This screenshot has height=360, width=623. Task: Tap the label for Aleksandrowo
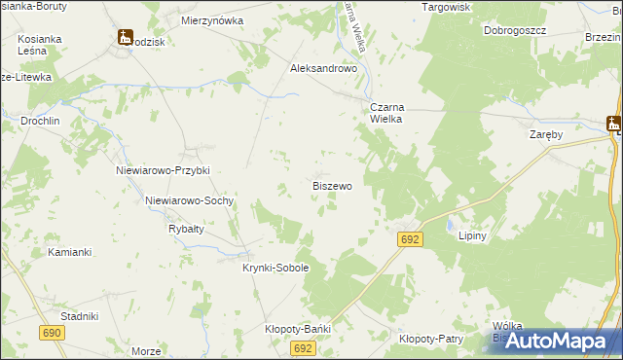325,69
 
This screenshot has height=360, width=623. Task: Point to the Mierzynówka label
212,19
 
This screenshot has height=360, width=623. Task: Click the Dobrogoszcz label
515,30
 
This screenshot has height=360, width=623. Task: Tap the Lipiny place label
471,235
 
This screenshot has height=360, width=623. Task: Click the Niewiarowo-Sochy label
189,200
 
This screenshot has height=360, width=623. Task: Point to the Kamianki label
69,252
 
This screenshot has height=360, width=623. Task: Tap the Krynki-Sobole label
275,268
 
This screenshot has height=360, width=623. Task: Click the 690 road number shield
53,333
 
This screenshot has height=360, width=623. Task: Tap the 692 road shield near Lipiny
410,238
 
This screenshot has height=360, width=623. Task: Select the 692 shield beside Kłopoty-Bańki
303,347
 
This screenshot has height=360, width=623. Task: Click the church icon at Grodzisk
125,37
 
